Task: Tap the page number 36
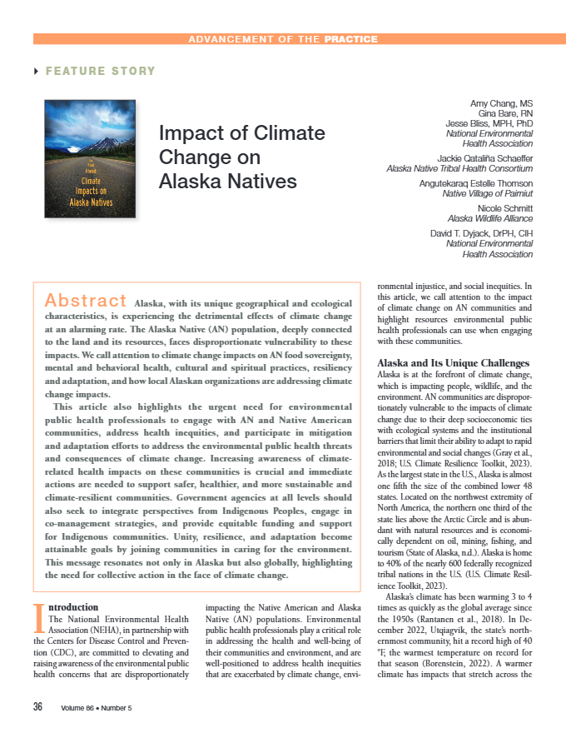pyautogui.click(x=38, y=707)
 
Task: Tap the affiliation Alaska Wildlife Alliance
pyautogui.click(x=490, y=218)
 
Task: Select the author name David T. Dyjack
pyautogui.click(x=481, y=232)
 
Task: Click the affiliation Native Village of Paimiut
pyautogui.click(x=488, y=193)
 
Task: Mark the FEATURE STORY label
pyautogui.click(x=100, y=72)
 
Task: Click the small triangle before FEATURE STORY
pyautogui.click(x=36, y=72)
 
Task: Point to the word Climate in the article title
pyautogui.click(x=287, y=133)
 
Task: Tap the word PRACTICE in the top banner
pyautogui.click(x=351, y=39)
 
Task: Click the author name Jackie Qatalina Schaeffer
pyautogui.click(x=484, y=157)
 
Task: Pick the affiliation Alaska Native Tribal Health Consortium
pyautogui.click(x=459, y=168)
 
